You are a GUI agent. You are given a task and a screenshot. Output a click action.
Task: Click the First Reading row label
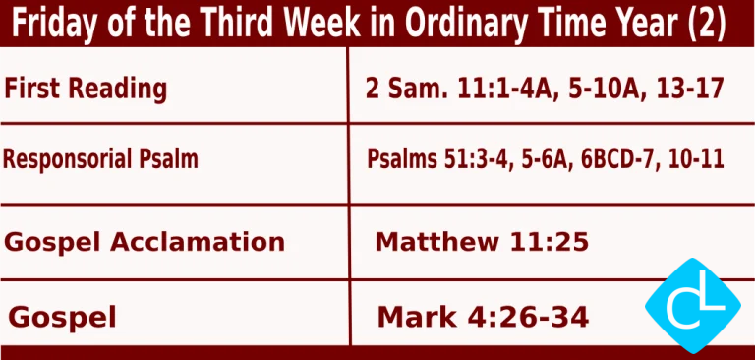[86, 89]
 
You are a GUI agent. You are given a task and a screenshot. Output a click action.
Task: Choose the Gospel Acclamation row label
[145, 242]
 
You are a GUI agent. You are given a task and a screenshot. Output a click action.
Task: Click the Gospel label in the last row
[63, 317]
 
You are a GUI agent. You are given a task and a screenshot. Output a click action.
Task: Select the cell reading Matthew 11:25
[482, 242]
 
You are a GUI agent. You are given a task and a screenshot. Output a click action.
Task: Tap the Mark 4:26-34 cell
[483, 317]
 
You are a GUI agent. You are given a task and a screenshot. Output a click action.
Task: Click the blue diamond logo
[693, 306]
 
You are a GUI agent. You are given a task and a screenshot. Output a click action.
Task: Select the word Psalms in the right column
[403, 158]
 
